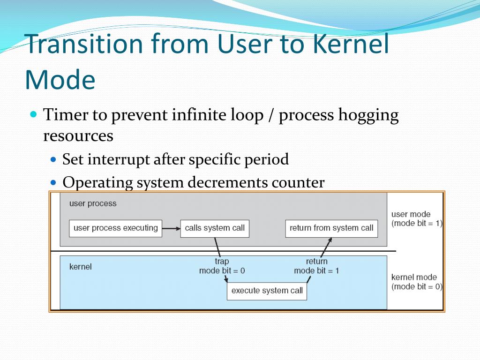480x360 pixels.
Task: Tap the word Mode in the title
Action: [x=60, y=79]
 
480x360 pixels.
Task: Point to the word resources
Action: [x=78, y=136]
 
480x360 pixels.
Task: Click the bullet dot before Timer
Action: [x=33, y=114]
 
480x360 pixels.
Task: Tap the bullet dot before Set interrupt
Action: [x=53, y=159]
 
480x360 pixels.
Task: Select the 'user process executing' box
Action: [x=115, y=228]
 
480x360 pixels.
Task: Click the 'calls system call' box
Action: [x=215, y=228]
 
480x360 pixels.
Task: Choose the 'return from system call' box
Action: [x=331, y=228]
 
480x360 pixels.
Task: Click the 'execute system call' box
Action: [x=267, y=291]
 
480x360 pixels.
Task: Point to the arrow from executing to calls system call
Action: [x=171, y=228]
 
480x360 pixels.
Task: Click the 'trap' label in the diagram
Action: [x=222, y=261]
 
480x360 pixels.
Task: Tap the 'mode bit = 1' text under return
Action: [x=316, y=270]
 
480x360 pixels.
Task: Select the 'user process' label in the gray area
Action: [x=93, y=203]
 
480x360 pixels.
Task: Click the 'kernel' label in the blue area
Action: [x=81, y=267]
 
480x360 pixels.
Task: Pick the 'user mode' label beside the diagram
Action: [x=411, y=214]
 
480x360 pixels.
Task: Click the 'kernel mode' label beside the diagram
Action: [x=414, y=277]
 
